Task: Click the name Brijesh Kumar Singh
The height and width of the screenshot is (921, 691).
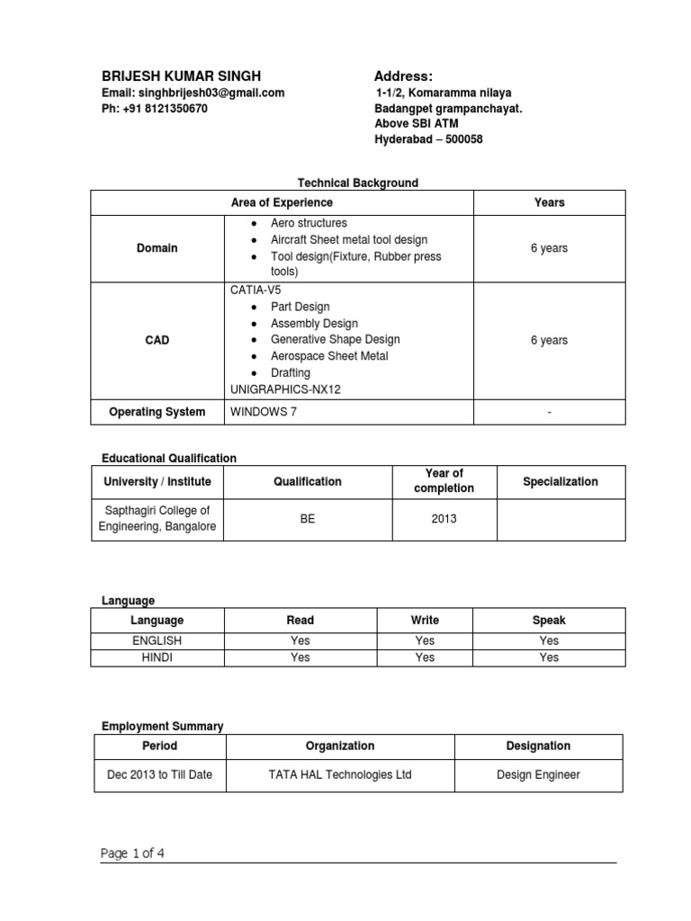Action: (181, 76)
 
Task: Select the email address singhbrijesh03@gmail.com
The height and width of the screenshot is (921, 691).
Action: (193, 93)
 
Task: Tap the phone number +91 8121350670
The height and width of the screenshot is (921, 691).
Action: (154, 108)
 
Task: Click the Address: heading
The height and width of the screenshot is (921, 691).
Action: (403, 76)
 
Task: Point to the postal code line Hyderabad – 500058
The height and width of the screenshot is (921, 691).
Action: (428, 139)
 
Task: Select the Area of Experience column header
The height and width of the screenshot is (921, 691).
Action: (282, 202)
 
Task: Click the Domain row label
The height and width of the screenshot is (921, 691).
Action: (157, 247)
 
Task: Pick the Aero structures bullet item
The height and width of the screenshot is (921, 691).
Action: (309, 222)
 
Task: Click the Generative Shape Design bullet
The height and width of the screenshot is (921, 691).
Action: (335, 340)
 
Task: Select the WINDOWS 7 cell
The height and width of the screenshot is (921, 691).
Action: (263, 412)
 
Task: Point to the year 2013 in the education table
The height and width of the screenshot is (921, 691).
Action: (444, 519)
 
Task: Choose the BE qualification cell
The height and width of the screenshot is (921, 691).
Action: (307, 519)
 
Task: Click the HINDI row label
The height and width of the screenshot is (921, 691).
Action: (157, 657)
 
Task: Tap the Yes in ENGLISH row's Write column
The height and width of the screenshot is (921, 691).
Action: (425, 640)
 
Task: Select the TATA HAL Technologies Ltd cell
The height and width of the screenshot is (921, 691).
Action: (339, 773)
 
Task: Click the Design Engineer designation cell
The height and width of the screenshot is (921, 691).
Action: (538, 773)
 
